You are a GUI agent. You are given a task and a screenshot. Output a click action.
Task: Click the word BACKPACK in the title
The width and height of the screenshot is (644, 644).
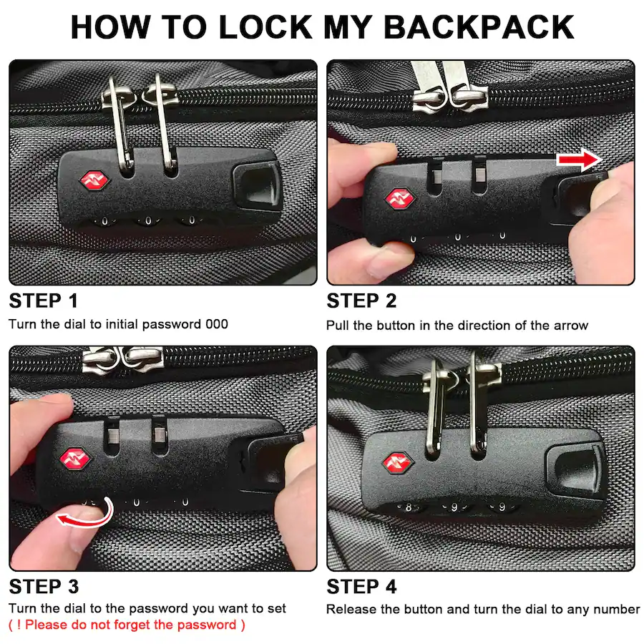pyautogui.click(x=479, y=27)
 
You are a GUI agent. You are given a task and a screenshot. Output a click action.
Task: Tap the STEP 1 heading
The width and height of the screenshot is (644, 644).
pyautogui.click(x=44, y=301)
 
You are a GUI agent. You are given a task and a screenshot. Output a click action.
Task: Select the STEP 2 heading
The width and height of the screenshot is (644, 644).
pyautogui.click(x=361, y=301)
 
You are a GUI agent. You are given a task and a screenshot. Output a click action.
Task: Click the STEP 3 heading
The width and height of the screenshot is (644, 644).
pyautogui.click(x=44, y=587)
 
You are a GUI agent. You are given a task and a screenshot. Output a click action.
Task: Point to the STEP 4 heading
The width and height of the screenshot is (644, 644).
pyautogui.click(x=362, y=587)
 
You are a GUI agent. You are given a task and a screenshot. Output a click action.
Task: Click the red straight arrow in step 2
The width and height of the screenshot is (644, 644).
pyautogui.click(x=579, y=160)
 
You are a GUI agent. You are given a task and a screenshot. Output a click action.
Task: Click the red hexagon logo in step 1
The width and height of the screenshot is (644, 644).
pyautogui.click(x=94, y=181)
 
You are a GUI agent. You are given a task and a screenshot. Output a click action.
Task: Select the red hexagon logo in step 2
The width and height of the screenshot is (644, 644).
pyautogui.click(x=400, y=199)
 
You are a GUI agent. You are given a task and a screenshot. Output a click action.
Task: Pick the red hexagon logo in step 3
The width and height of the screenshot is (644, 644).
pyautogui.click(x=74, y=458)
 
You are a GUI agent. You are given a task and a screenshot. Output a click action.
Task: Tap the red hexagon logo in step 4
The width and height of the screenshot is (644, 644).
pyautogui.click(x=397, y=462)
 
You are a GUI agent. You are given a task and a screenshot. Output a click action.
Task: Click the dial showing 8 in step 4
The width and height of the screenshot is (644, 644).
pyautogui.click(x=409, y=507)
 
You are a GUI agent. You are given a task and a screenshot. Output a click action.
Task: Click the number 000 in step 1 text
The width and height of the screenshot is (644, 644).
pyautogui.click(x=217, y=324)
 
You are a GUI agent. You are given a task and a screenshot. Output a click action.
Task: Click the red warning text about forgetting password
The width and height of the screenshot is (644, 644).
pyautogui.click(x=127, y=625)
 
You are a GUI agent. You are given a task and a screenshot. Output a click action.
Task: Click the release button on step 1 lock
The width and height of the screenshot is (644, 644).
pyautogui.click(x=257, y=186)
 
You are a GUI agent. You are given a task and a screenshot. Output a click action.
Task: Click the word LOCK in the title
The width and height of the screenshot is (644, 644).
pyautogui.click(x=265, y=27)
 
